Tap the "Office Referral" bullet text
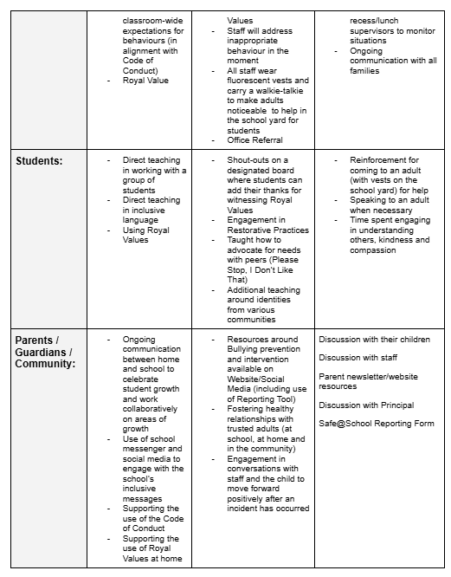pyautogui.click(x=254, y=140)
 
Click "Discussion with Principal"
pyautogui.click(x=366, y=405)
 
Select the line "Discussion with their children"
pyautogui.click(x=374, y=339)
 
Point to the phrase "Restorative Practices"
pyautogui.click(x=267, y=230)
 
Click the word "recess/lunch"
pyautogui.click(x=374, y=20)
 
